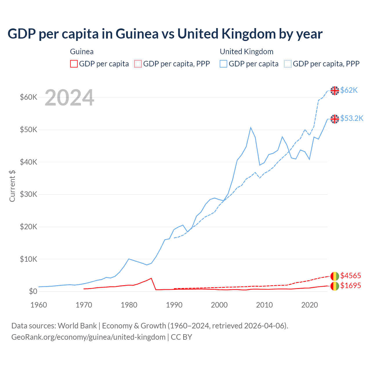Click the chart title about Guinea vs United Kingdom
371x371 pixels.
(x=165, y=34)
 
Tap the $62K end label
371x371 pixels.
(x=349, y=90)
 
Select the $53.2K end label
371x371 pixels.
(x=352, y=118)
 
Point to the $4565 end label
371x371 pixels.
(x=351, y=275)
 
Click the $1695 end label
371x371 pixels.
(x=351, y=285)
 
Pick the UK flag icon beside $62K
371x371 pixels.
(x=335, y=91)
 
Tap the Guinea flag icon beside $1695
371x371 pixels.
(x=335, y=286)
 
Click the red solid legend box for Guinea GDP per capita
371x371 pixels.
(x=74, y=64)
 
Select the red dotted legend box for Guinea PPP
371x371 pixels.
(x=138, y=64)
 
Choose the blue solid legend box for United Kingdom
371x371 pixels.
(x=223, y=64)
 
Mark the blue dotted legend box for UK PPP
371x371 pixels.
(x=288, y=64)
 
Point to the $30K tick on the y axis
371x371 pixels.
(x=28, y=194)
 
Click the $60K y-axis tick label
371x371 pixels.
(x=28, y=97)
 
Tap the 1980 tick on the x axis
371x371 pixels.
(x=129, y=305)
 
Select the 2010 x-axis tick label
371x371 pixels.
(x=264, y=305)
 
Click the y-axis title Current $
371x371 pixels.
(x=12, y=186)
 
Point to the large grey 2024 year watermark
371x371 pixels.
(x=70, y=98)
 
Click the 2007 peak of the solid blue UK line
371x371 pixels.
(x=251, y=128)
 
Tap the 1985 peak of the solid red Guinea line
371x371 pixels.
(x=151, y=278)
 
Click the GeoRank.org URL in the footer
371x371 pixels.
(x=88, y=337)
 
